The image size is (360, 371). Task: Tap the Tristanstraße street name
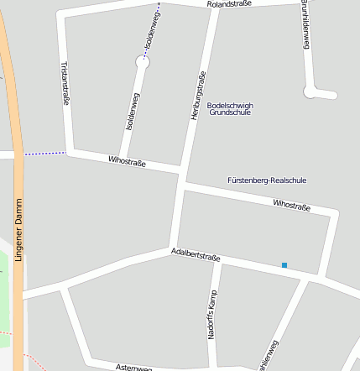pyautogui.click(x=65, y=82)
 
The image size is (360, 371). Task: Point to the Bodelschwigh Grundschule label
pyautogui.click(x=229, y=108)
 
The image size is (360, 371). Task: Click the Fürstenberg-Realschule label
pyautogui.click(x=267, y=180)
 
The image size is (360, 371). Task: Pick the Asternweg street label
pyautogui.click(x=133, y=368)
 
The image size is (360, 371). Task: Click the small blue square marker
pyautogui.click(x=284, y=265)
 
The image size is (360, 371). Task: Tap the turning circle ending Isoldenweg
pyautogui.click(x=143, y=61)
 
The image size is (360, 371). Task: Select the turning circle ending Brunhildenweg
pyautogui.click(x=311, y=91)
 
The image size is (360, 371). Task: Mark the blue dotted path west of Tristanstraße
pyautogui.click(x=44, y=154)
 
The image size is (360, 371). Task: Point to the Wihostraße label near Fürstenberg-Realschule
pyautogui.click(x=291, y=205)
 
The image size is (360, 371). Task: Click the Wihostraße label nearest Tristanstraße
pyautogui.click(x=127, y=160)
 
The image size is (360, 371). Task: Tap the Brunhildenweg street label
pyautogui.click(x=305, y=25)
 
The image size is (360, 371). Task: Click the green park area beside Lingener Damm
pyautogui.click(x=7, y=285)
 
